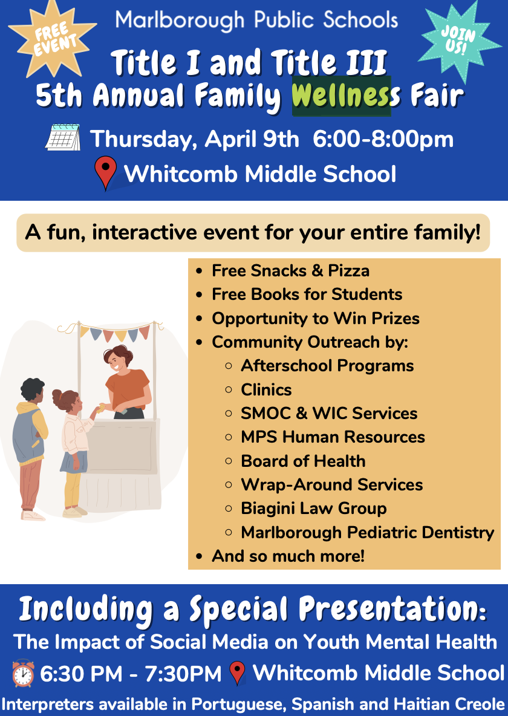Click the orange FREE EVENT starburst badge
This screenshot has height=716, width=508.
53,38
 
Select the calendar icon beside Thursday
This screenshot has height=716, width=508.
63,138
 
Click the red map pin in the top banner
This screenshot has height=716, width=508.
106,174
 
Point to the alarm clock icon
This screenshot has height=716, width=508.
23,673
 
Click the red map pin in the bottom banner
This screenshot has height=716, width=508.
238,673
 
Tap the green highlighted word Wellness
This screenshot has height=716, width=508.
341,96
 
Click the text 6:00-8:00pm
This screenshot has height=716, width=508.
383,139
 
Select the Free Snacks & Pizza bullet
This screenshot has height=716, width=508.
290,270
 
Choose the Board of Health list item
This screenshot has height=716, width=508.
303,461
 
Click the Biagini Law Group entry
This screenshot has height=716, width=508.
313,508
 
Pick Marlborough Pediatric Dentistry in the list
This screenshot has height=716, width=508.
367,532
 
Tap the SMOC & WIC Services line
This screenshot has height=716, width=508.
329,413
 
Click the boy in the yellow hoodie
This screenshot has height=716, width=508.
30,441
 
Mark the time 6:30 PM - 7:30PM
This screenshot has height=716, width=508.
131,674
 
